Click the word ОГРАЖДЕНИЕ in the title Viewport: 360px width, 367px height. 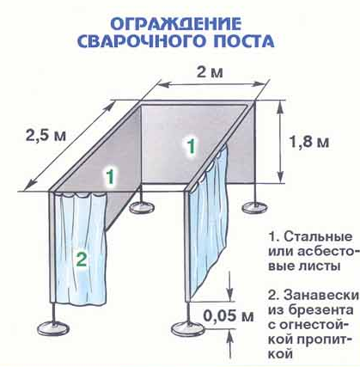175,24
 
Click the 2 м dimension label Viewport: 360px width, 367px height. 210,72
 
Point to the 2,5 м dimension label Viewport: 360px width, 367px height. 46,135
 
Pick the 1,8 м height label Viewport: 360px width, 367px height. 309,142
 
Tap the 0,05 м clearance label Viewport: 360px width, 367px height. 229,316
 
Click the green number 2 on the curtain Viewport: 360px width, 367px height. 82,260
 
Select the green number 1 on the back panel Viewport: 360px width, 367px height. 191,146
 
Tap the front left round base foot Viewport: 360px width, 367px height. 53,327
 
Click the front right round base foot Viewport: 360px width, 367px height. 186,328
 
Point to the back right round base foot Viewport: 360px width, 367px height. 255,207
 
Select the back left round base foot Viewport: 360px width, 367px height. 142,207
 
